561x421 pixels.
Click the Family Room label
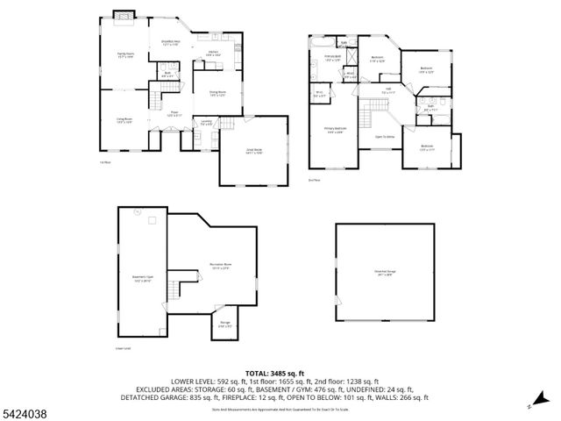coord(124,57)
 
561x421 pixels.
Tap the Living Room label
coord(124,121)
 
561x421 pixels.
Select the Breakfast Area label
coord(171,43)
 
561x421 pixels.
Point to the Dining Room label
coord(217,94)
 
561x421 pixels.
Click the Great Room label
coord(253,150)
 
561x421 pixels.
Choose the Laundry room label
coord(206,123)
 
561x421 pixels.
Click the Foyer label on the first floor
coord(174,113)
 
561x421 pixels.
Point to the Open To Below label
coord(385,137)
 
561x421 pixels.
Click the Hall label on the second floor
coord(387,89)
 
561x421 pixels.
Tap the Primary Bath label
coord(332,59)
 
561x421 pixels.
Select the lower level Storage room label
coord(225,324)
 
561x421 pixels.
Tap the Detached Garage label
coord(385,272)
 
